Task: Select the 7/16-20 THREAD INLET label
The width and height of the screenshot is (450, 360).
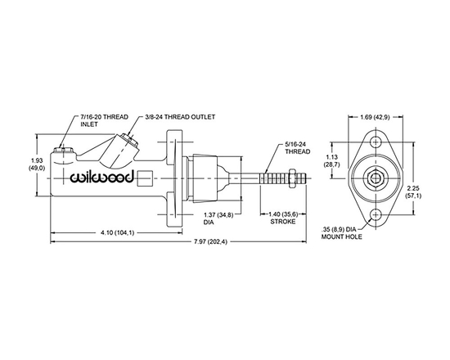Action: (x=83, y=123)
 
